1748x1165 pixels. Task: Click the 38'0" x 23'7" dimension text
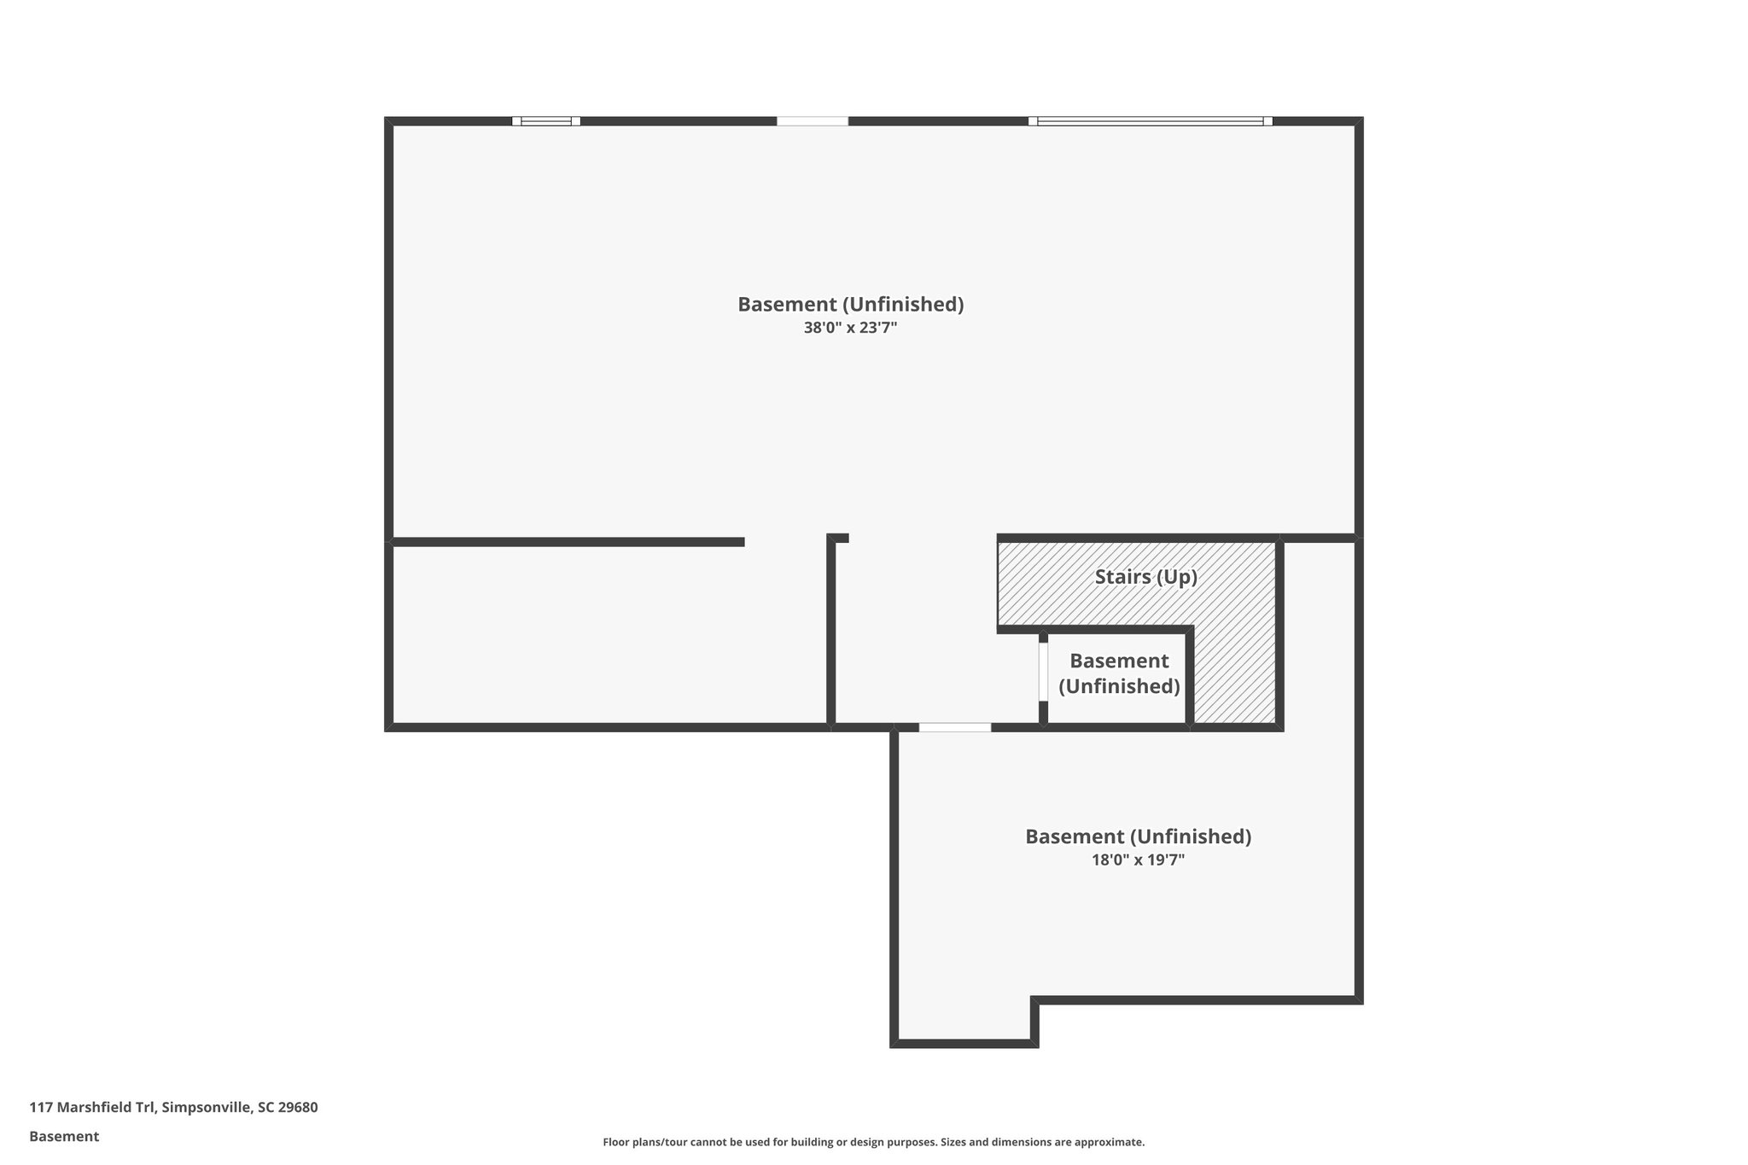pos(850,327)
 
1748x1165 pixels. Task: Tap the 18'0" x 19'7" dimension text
pos(1138,859)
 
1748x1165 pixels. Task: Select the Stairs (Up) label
pos(1145,577)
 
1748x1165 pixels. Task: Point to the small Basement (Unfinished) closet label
pos(1119,673)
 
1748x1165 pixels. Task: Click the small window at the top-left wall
pos(546,121)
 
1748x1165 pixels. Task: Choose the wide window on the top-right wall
pos(1150,121)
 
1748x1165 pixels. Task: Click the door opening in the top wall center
pos(813,121)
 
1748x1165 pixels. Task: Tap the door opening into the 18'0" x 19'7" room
pos(954,727)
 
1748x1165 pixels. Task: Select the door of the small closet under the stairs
pos(1043,672)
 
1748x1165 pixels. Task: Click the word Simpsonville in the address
pos(207,1108)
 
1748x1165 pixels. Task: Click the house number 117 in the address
pos(40,1108)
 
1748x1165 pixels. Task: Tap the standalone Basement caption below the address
pos(64,1136)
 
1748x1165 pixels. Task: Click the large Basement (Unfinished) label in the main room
pos(850,304)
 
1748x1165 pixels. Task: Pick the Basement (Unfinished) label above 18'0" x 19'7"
pos(1138,836)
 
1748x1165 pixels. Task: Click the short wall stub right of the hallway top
pos(838,538)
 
